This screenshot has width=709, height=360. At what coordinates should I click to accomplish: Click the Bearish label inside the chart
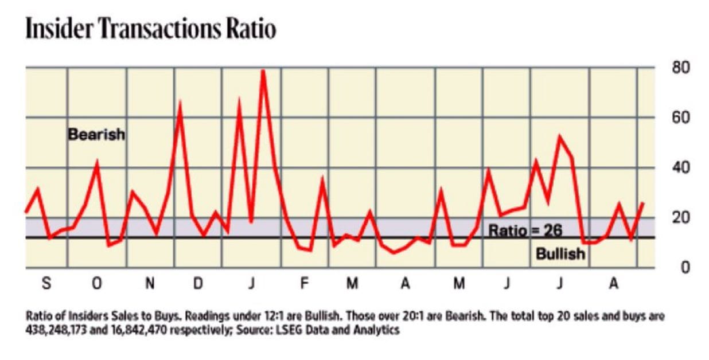[x=96, y=135]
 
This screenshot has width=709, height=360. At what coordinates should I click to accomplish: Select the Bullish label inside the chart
[x=560, y=253]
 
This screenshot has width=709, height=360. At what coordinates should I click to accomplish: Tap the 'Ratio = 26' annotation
[x=525, y=230]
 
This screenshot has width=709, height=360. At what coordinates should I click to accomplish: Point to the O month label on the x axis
[x=97, y=284]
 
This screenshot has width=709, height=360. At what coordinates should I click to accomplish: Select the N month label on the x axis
[x=149, y=284]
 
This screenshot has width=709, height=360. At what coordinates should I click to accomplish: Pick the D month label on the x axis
[x=198, y=284]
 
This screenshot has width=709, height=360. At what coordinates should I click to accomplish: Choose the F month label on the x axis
[x=304, y=284]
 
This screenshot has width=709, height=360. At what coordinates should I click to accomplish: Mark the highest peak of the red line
[x=263, y=71]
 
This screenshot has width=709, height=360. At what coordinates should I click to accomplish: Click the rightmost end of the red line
[x=643, y=202]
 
